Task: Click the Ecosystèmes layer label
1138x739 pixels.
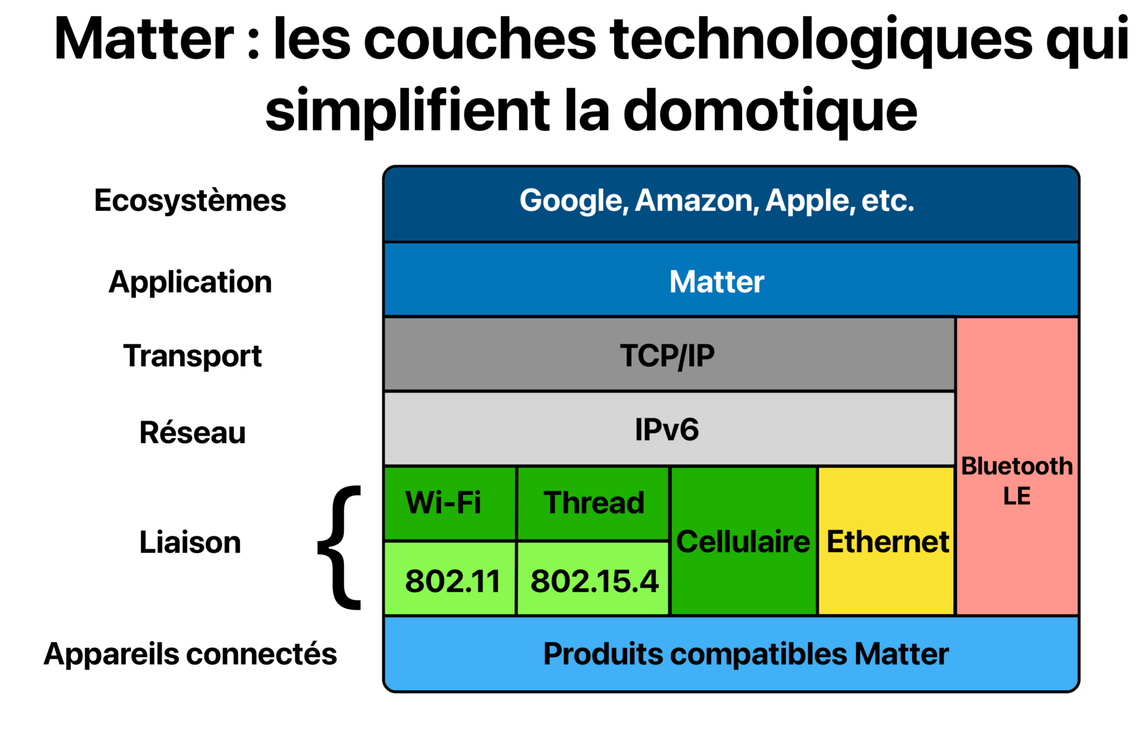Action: pyautogui.click(x=190, y=200)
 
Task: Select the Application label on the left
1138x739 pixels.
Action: pyautogui.click(x=190, y=282)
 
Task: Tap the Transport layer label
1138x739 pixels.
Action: pyautogui.click(x=192, y=356)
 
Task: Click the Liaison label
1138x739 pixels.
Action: pyautogui.click(x=190, y=542)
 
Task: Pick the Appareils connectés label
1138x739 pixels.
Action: pyautogui.click(x=190, y=654)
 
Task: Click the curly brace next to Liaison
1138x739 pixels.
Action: pyautogui.click(x=340, y=547)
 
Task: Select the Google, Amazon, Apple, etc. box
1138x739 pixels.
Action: pyautogui.click(x=731, y=204)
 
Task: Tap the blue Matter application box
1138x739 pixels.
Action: pyautogui.click(x=731, y=280)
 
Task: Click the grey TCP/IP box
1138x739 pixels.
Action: pyautogui.click(x=669, y=354)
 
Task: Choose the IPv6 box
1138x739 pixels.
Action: pyautogui.click(x=669, y=429)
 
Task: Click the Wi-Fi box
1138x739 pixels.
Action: pyautogui.click(x=450, y=504)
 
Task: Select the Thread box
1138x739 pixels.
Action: pyautogui.click(x=593, y=504)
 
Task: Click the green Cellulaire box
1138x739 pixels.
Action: pyautogui.click(x=744, y=541)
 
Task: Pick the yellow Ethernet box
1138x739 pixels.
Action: pyautogui.click(x=887, y=541)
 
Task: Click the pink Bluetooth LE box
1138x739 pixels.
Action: pyautogui.click(x=1017, y=466)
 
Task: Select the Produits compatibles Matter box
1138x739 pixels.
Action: pyautogui.click(x=731, y=654)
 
